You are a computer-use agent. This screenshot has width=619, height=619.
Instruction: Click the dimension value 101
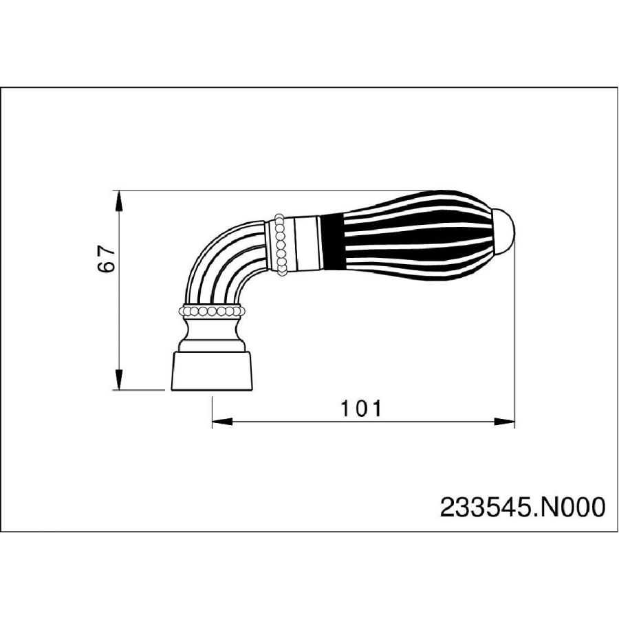(x=361, y=409)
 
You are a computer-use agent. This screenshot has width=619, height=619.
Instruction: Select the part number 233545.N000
(x=522, y=507)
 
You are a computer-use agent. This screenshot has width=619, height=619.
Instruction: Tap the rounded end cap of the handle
(x=505, y=230)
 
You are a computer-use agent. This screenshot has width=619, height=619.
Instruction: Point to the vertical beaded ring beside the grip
(x=280, y=244)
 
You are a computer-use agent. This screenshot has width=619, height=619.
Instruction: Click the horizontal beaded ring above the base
(x=210, y=311)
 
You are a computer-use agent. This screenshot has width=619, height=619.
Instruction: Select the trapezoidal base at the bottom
(x=211, y=371)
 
